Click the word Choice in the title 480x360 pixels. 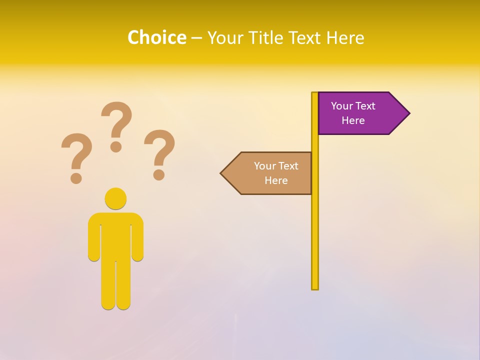coord(156,37)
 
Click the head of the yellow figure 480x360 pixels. coord(115,198)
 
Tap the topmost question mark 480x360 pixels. coord(116,120)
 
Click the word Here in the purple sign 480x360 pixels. coord(353,120)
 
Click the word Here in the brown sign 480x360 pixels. coord(276,180)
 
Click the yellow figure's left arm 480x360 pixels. coord(94,240)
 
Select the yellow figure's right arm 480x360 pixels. coord(137,240)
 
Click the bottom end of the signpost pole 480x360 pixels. coord(315,287)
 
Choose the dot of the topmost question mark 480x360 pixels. coord(116,146)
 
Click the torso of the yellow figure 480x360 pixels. coord(115,235)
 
